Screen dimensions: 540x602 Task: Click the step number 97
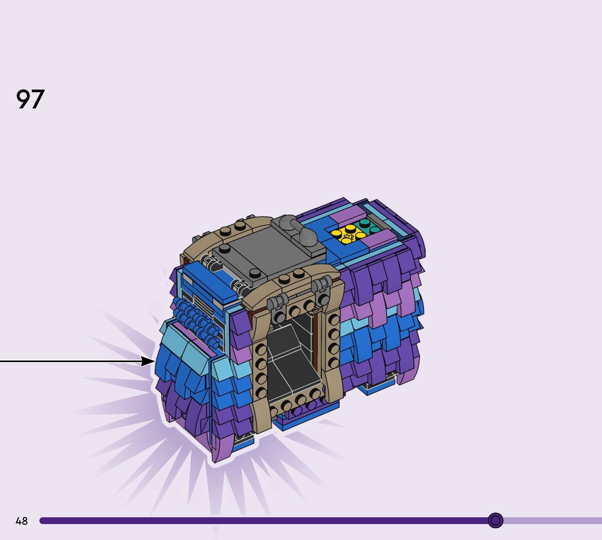30,99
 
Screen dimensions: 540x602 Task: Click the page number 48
22,521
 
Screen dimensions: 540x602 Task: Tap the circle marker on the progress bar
495,520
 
